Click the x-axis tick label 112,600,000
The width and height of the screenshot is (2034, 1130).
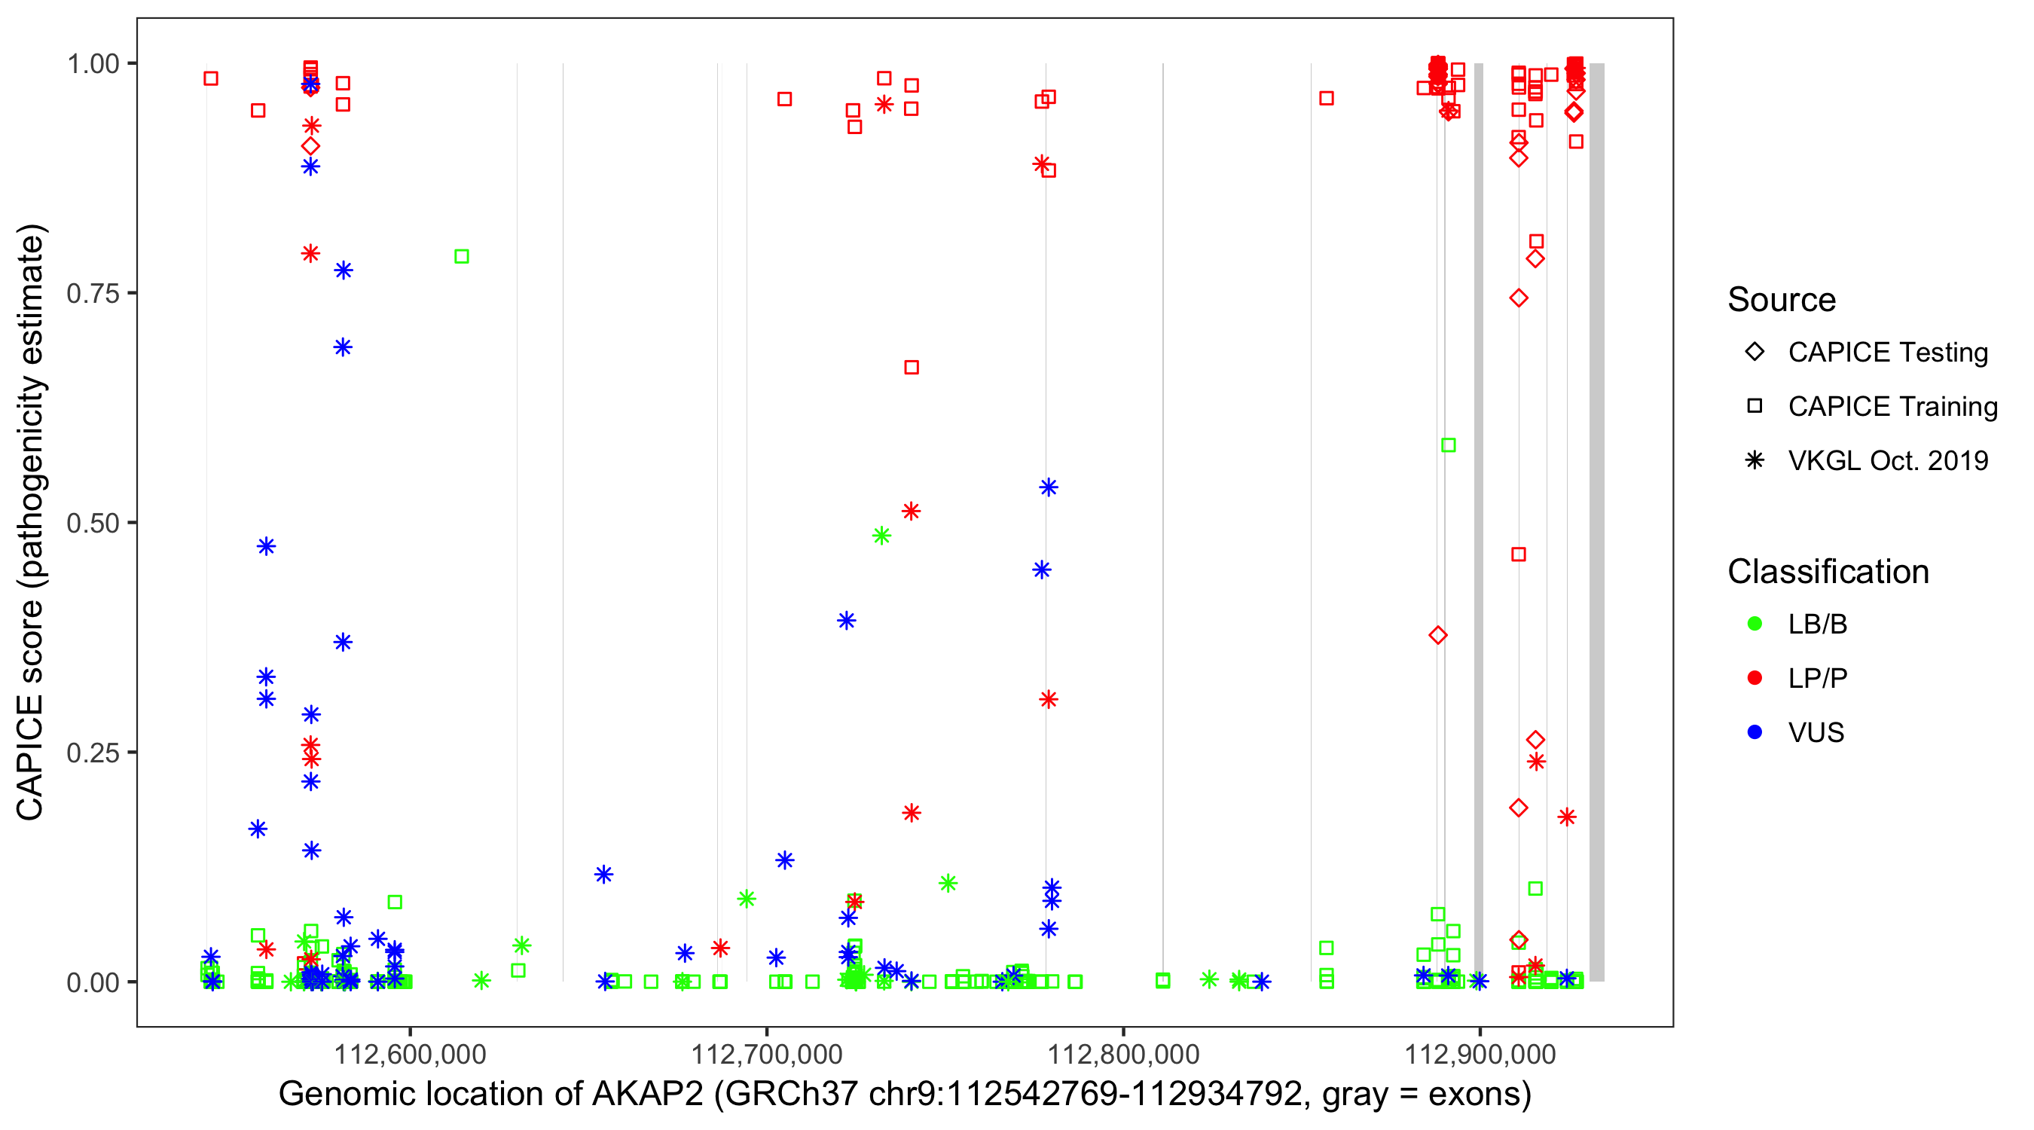point(410,1053)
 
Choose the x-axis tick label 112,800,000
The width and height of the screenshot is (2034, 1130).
point(1122,1053)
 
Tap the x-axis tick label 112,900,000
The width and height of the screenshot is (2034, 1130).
point(1480,1053)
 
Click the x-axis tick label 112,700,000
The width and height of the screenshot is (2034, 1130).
point(767,1053)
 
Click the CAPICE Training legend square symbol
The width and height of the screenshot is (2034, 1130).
point(1755,406)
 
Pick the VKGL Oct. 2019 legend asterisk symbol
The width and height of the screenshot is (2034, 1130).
point(1755,460)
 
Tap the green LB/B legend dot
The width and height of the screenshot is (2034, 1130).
point(1755,624)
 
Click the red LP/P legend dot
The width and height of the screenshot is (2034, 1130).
point(1755,678)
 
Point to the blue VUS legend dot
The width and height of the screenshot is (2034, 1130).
point(1755,732)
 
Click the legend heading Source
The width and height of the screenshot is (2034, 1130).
point(1782,300)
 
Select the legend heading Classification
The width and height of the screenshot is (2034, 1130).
point(1828,572)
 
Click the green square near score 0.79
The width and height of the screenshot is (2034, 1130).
point(462,257)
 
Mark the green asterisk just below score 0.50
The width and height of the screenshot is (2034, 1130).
point(882,536)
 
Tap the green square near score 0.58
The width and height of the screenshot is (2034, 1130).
point(1448,445)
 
